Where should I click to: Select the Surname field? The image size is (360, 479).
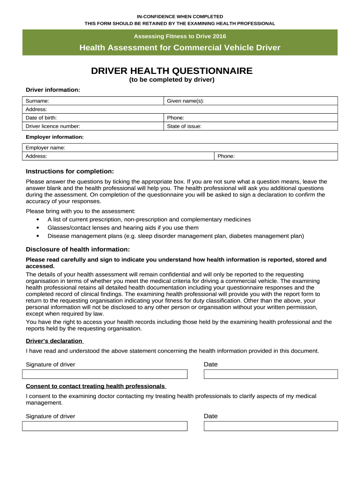point(94,101)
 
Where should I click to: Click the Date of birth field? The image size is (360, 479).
point(94,118)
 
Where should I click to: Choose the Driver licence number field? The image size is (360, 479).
point(94,126)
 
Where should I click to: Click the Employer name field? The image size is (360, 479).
point(180,148)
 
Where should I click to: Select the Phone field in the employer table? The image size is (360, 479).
point(276,156)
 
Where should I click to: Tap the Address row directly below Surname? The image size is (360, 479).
point(180,109)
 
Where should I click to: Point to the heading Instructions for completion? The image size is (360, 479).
point(70,171)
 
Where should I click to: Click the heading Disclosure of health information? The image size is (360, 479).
point(78,249)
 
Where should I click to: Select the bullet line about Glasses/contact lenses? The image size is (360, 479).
point(123,228)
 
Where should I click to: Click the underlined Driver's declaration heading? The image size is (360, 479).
point(54,341)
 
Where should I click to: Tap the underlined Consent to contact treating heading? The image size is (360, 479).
point(95,386)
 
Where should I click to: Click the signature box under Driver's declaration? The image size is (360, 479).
point(105,374)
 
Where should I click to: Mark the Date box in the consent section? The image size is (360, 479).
point(271,426)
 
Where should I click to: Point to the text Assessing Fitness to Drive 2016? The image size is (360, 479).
point(180,36)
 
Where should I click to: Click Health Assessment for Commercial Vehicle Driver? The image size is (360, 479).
point(180,48)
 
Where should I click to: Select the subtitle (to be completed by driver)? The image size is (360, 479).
point(172,80)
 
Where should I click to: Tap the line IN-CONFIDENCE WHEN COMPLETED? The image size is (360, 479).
point(180,16)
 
